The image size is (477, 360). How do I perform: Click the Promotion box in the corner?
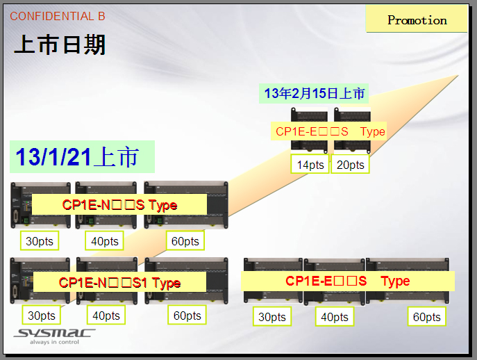pos(417,20)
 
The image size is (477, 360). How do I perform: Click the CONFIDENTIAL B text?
pos(58,16)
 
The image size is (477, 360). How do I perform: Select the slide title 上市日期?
pos(60,45)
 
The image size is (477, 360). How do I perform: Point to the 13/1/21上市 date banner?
pos(82,157)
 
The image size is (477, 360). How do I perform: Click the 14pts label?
pos(310,165)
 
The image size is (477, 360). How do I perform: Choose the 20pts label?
pos(350,165)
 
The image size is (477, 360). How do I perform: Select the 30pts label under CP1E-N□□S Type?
pos(39,241)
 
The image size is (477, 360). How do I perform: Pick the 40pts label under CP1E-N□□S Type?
pos(105,241)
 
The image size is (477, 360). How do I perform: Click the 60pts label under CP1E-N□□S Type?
pos(185,241)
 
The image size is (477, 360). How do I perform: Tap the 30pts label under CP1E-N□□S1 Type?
pos(42,316)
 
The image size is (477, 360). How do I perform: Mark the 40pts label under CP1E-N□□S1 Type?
pos(106,316)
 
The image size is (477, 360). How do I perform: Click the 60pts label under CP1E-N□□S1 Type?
pos(187,316)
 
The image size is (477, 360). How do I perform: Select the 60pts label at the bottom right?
pos(426,317)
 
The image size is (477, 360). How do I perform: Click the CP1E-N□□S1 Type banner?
pos(119,282)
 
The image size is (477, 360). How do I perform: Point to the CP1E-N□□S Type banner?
pos(119,205)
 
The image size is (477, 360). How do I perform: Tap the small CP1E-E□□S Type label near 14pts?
pos(330,131)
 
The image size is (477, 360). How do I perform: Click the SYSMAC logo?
pos(54,335)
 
